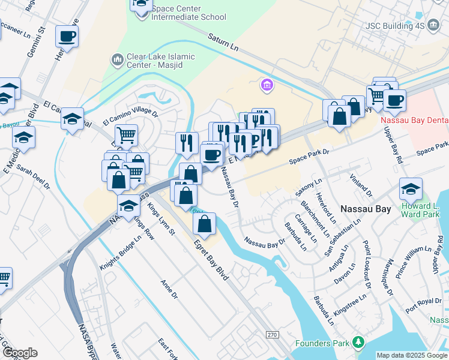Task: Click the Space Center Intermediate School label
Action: tap(188, 13)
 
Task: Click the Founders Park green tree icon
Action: tap(359, 343)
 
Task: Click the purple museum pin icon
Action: tap(267, 86)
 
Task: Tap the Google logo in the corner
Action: tap(20, 353)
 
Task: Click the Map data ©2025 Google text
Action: tap(412, 355)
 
